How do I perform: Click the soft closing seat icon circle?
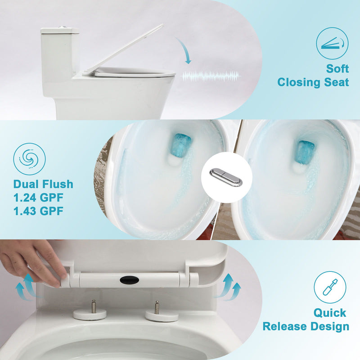pyautogui.click(x=332, y=43)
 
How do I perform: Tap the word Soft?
pyautogui.click(x=337, y=69)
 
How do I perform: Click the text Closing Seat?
pyautogui.click(x=313, y=82)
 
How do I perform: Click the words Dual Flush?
pyautogui.click(x=43, y=184)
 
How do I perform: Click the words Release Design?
pyautogui.click(x=306, y=326)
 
